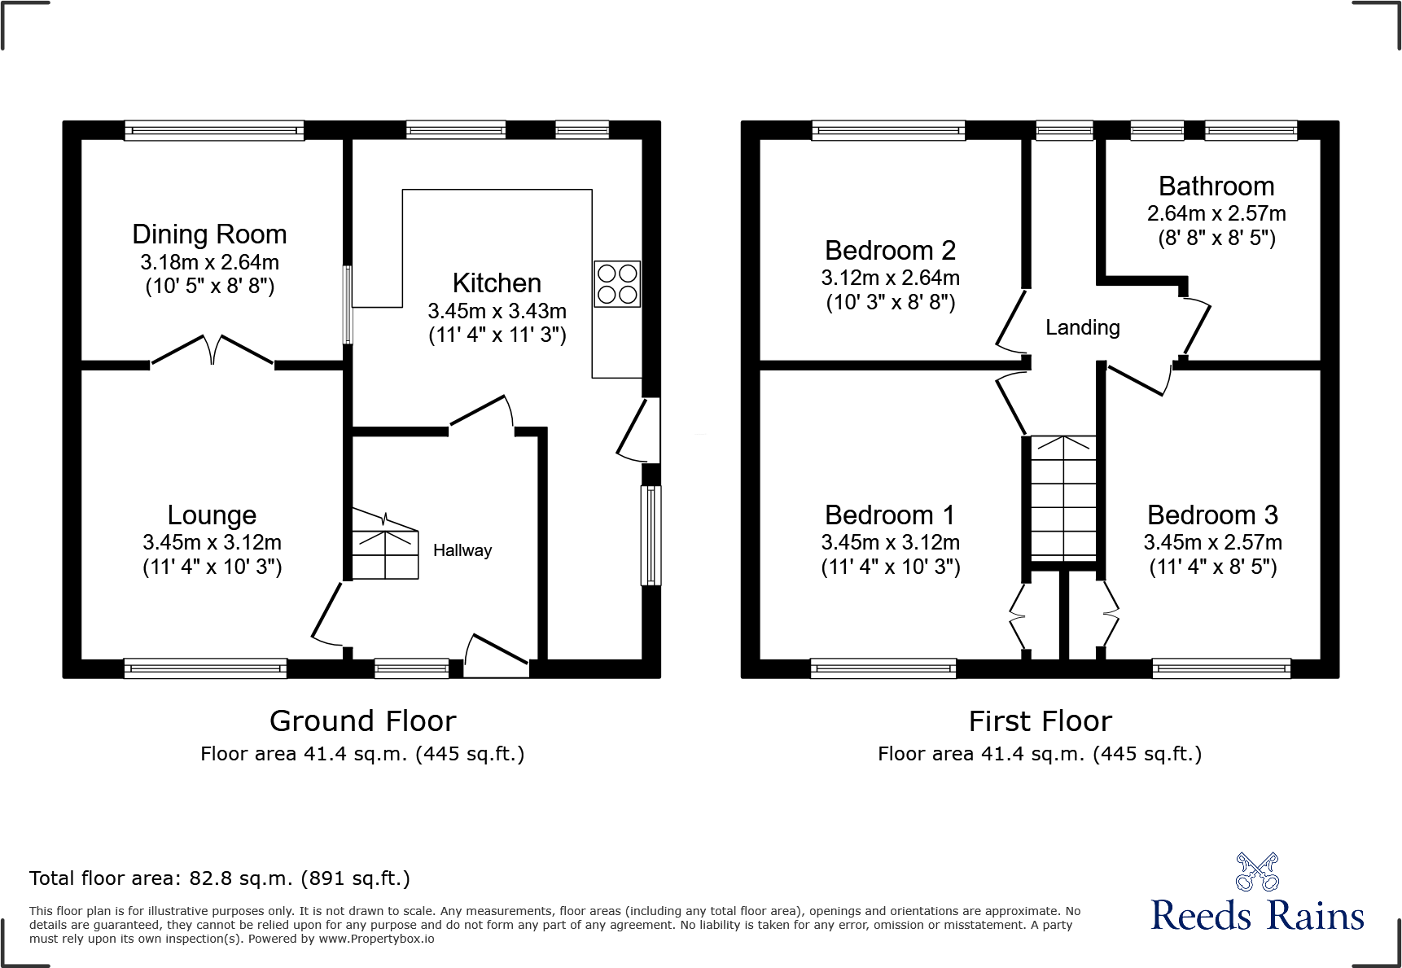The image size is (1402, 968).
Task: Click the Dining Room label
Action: [x=209, y=234]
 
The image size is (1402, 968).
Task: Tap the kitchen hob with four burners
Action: [x=617, y=283]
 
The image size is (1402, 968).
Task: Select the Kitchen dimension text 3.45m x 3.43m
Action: [x=497, y=311]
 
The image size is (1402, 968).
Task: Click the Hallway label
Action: [x=462, y=550]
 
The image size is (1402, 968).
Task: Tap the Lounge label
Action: [x=212, y=515]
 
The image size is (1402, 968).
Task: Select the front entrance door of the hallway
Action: [x=495, y=655]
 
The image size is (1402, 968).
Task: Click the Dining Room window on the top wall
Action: [x=214, y=130]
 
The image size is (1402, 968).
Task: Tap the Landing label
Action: [x=1082, y=327]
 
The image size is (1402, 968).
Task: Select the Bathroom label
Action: [x=1216, y=186]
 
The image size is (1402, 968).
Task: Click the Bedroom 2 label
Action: [x=890, y=251]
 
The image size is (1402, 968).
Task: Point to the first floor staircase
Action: [x=1063, y=498]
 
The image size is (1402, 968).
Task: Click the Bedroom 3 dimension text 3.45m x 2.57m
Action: [x=1212, y=542]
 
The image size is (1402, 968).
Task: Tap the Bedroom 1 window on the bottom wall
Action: [x=883, y=668]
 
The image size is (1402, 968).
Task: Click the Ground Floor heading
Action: [x=362, y=721]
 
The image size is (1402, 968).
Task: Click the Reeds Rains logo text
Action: [x=1256, y=916]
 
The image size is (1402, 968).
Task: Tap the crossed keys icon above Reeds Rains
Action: [x=1257, y=871]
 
